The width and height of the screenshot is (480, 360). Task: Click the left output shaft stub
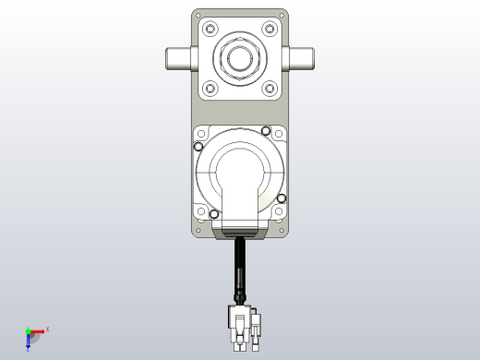click(x=178, y=59)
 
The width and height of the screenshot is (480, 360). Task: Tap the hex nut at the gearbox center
click(x=240, y=59)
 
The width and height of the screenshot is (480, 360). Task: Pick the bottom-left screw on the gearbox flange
click(x=210, y=89)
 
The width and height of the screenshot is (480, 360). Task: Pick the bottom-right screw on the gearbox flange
click(x=270, y=89)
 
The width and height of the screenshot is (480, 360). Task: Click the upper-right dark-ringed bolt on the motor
click(x=266, y=130)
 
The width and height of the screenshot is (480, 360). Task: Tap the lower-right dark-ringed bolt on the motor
click(x=282, y=198)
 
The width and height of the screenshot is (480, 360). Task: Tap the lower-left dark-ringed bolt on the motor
click(x=214, y=214)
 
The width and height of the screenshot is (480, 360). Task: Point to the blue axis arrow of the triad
click(x=29, y=342)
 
